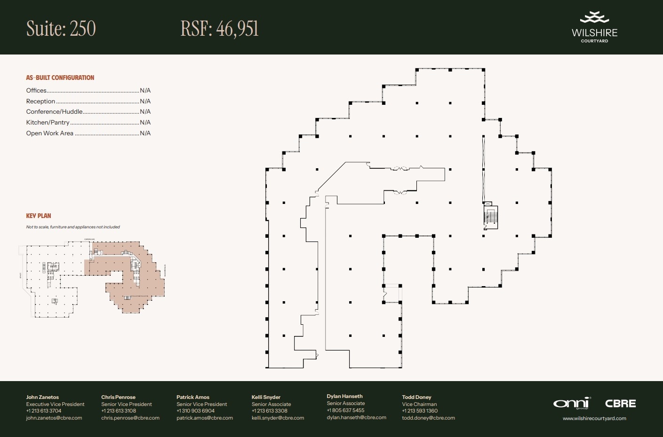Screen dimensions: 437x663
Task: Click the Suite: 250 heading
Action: [x=61, y=29]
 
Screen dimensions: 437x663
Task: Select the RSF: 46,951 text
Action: [x=219, y=29]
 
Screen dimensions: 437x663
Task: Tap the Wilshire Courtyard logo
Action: [x=594, y=27]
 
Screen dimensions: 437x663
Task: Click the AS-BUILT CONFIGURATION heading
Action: [x=60, y=78]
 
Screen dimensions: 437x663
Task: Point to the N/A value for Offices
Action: [x=145, y=91]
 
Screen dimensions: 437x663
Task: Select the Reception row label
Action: [x=40, y=101]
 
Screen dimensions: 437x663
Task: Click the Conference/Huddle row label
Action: [x=54, y=112]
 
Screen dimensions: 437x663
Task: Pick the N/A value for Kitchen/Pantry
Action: [x=145, y=123]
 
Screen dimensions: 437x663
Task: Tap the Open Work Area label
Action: [x=49, y=133]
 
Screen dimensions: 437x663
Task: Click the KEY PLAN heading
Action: [x=39, y=216]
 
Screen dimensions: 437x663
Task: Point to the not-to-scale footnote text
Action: [x=73, y=227]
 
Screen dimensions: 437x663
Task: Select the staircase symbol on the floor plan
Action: [x=491, y=217]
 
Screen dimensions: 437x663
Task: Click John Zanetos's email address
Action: [x=54, y=418]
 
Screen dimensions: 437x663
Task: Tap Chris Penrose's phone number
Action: [x=119, y=411]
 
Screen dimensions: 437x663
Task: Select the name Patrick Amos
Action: [x=193, y=397]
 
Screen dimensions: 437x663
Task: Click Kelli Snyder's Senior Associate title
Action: [x=271, y=404]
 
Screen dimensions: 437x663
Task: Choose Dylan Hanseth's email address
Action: [x=356, y=417]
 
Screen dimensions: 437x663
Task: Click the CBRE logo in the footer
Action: [x=620, y=404]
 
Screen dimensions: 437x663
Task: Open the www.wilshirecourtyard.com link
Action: [x=594, y=418]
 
